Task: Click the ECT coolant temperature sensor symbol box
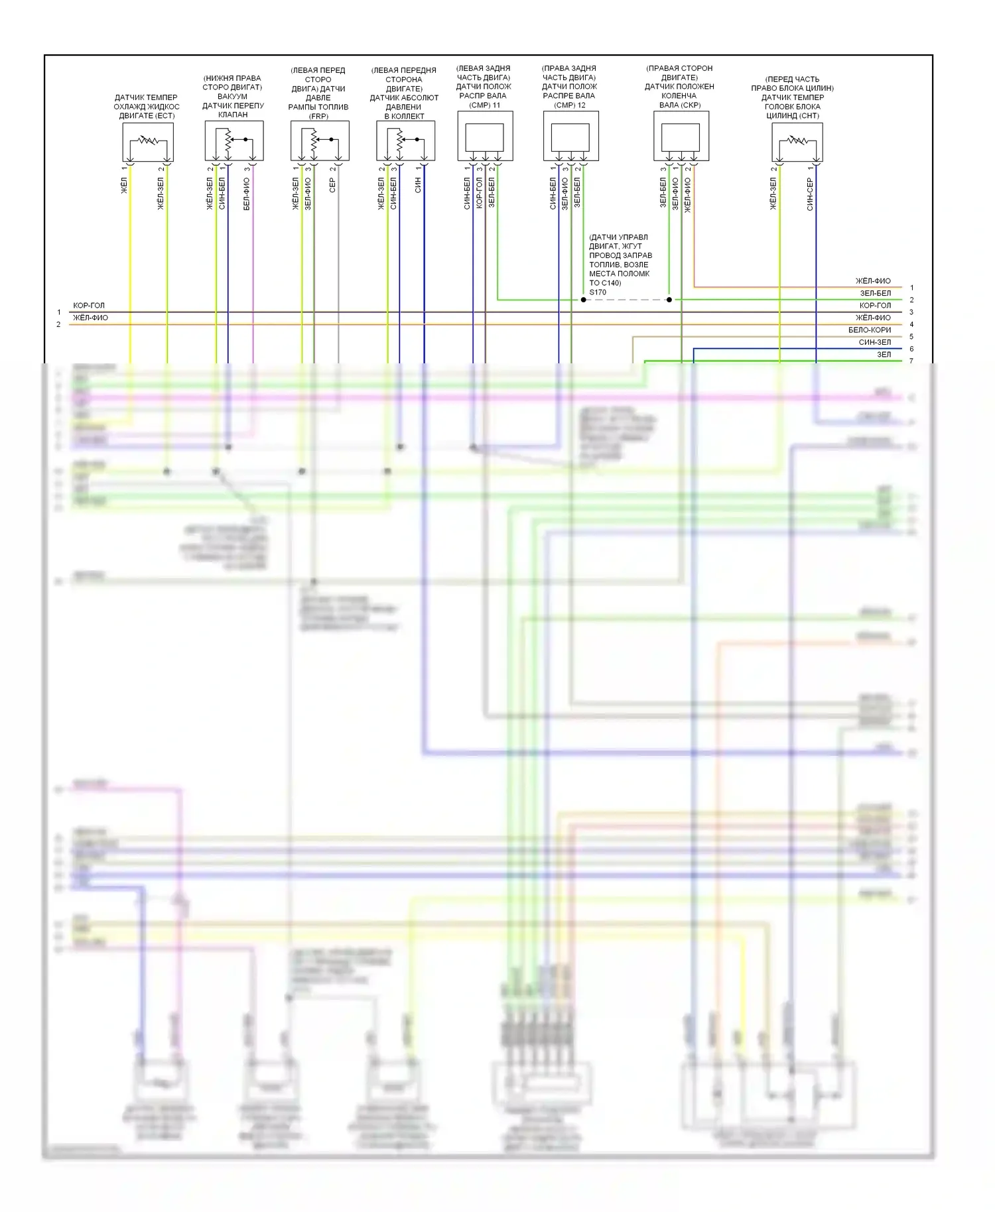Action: pyautogui.click(x=148, y=142)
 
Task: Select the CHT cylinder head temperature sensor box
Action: pyautogui.click(x=797, y=142)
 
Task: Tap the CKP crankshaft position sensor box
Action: pyautogui.click(x=681, y=137)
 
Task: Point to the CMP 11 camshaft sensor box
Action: pyautogui.click(x=485, y=137)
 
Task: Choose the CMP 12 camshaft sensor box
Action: pyautogui.click(x=570, y=137)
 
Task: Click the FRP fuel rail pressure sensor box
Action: pyautogui.click(x=319, y=141)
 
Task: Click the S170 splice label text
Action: pyautogui.click(x=597, y=292)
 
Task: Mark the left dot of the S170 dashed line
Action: pyautogui.click(x=583, y=300)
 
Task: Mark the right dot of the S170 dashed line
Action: pyautogui.click(x=669, y=300)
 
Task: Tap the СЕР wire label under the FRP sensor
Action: pyautogui.click(x=332, y=185)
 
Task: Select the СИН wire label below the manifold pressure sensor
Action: pyautogui.click(x=418, y=185)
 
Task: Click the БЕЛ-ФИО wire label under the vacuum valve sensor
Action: pyautogui.click(x=247, y=194)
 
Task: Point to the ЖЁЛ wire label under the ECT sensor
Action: pyautogui.click(x=124, y=185)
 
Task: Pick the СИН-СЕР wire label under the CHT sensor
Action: pyautogui.click(x=810, y=194)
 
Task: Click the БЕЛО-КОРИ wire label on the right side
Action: pyautogui.click(x=869, y=330)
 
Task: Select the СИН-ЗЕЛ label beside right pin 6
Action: pyautogui.click(x=874, y=342)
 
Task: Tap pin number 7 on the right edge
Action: pyautogui.click(x=911, y=361)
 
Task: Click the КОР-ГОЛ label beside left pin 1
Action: pyautogui.click(x=89, y=306)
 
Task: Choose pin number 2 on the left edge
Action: pyautogui.click(x=58, y=324)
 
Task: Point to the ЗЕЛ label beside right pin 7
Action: pyautogui.click(x=884, y=355)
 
